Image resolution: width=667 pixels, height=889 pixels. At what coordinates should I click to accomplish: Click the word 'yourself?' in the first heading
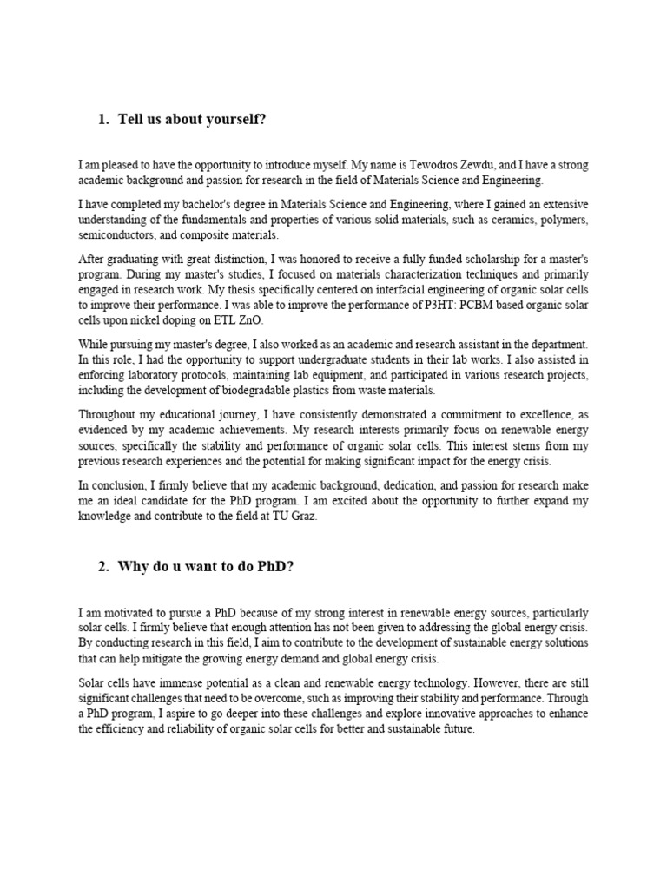click(233, 119)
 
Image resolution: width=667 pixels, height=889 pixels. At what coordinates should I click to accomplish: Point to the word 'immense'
click(178, 682)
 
